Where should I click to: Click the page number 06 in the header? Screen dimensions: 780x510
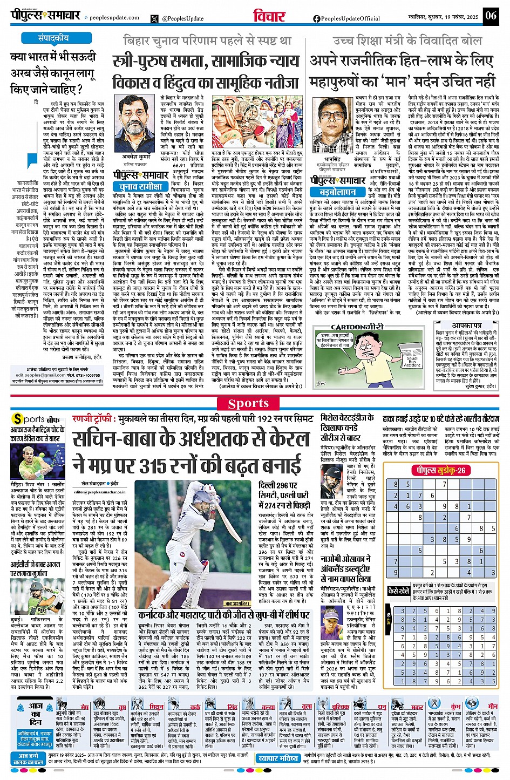490,15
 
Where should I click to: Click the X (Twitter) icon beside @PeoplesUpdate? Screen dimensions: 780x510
155,18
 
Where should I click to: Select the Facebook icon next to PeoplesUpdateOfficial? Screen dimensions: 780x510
316,18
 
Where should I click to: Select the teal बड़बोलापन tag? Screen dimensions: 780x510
337,192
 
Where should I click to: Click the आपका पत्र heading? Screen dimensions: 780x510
466,326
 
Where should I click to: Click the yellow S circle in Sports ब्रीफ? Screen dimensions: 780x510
18,419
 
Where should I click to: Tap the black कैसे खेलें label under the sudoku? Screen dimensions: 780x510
399,591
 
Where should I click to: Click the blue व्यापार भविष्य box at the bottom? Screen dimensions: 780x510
277,758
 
